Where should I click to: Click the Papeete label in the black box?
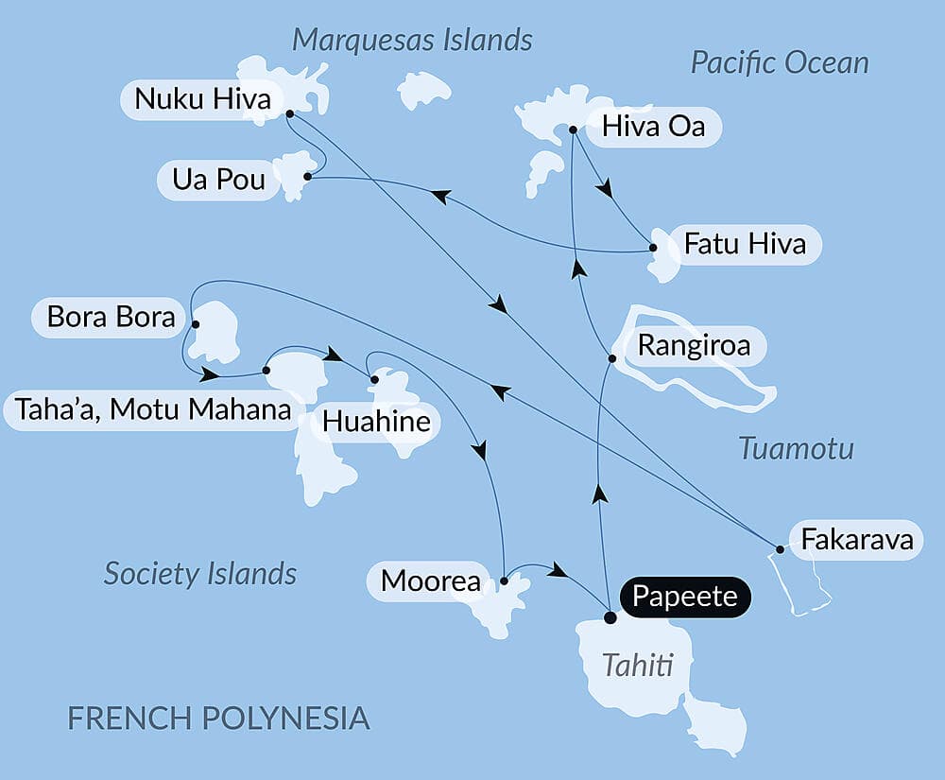point(685,598)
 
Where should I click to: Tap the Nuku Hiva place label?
point(202,99)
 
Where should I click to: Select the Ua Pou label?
point(219,180)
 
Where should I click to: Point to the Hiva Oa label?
point(653,127)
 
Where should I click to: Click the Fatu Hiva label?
point(745,244)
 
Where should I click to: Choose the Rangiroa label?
point(694,346)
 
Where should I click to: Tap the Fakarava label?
point(856,541)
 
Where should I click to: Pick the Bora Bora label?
point(111,317)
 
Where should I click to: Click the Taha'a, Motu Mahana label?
point(152,410)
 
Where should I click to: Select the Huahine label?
point(375,422)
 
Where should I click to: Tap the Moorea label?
point(431,581)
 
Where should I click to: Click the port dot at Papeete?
point(610,617)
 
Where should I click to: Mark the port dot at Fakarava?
point(780,548)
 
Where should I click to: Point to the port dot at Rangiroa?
point(612,358)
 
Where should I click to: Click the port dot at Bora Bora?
point(196,324)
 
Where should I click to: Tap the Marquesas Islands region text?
point(412,40)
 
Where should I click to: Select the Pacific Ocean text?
point(780,63)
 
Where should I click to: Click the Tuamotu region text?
point(796,448)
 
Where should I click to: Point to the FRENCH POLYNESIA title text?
point(218,718)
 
